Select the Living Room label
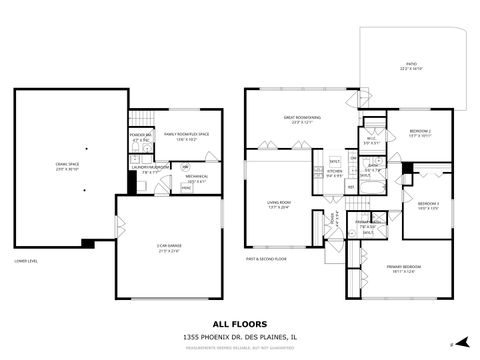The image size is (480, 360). pyautogui.click(x=277, y=205)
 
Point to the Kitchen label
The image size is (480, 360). pyautogui.click(x=334, y=171)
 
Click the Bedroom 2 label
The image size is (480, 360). pyautogui.click(x=420, y=133)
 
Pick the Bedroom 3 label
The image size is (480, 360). pyautogui.click(x=428, y=206)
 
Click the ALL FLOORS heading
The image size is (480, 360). pyautogui.click(x=239, y=323)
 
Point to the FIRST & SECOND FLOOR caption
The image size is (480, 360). pyautogui.click(x=267, y=258)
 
